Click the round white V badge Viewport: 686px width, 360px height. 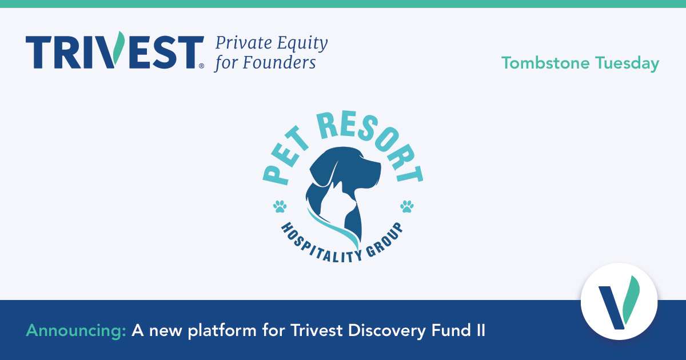[619, 301]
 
